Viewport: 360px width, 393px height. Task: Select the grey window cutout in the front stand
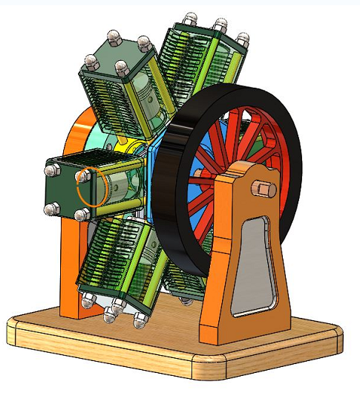(x=252, y=264)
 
